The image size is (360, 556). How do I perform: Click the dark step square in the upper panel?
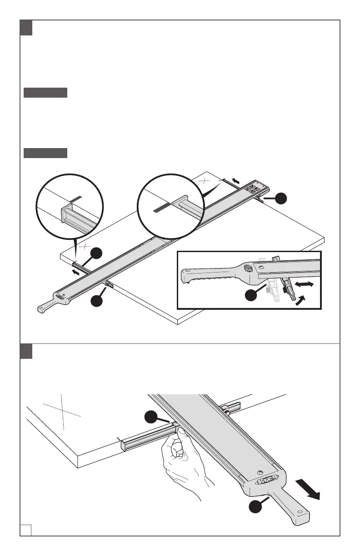(x=26, y=28)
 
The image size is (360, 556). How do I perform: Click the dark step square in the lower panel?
(x=26, y=351)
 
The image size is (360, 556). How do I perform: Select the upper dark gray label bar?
(x=45, y=93)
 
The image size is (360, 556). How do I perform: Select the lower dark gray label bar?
(x=45, y=153)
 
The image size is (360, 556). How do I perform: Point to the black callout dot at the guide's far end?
(x=282, y=199)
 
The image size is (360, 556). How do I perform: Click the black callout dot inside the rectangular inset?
(x=251, y=296)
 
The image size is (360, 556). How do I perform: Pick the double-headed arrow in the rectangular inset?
(x=303, y=284)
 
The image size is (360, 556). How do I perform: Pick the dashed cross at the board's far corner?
(x=206, y=180)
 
